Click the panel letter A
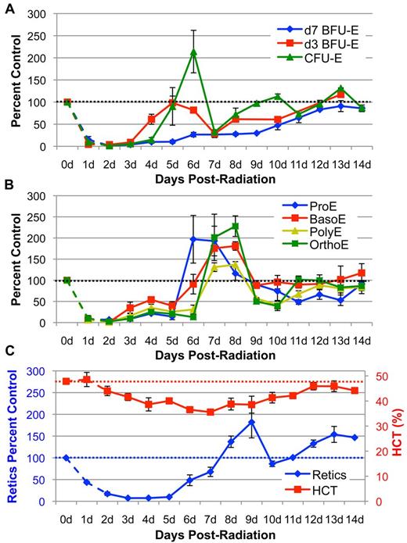[7, 7]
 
